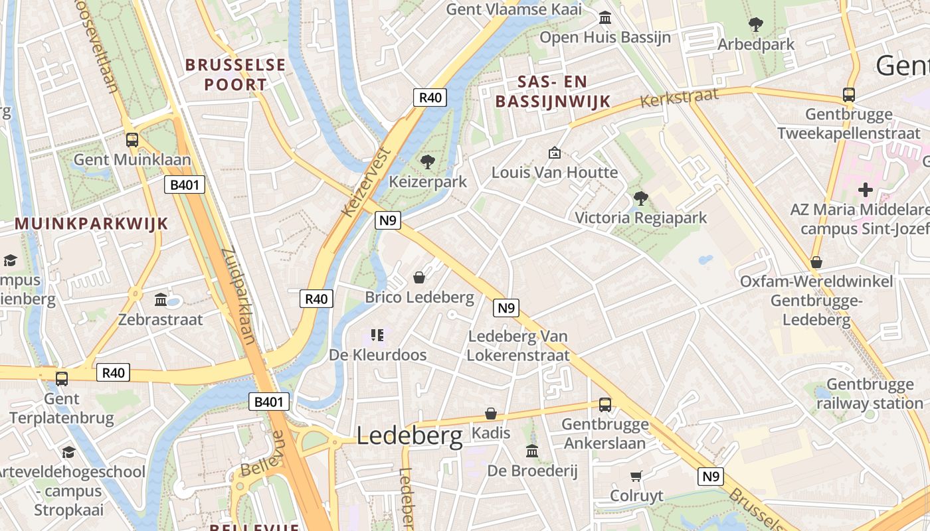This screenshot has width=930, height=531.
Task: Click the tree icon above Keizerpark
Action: pos(428,161)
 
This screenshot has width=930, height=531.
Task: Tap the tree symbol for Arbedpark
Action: pos(755,25)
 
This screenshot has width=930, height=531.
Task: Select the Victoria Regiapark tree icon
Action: pos(640,198)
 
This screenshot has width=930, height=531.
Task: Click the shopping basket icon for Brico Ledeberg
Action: pos(419,277)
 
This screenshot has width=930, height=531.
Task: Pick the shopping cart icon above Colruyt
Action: pos(636,476)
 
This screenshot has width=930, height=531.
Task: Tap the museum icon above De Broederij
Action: pos(532,451)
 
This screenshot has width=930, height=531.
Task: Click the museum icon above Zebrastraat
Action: pos(160,299)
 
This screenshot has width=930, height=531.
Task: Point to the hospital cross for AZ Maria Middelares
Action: pos(865,190)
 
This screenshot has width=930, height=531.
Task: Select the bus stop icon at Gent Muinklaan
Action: pos(132,139)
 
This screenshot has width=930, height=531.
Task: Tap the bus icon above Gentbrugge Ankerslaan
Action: pos(605,404)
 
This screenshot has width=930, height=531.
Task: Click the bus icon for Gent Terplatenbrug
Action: pos(62,378)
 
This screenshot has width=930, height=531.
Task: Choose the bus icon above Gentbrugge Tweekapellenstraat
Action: pos(849,94)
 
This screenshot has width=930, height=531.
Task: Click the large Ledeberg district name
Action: pos(409,435)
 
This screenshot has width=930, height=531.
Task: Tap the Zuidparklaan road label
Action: pos(238,296)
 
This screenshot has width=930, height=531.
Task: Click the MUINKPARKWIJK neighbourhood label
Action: pos(92,223)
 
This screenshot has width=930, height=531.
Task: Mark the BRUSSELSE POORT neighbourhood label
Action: pos(235,74)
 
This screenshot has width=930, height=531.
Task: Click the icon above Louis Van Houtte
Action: pos(555,153)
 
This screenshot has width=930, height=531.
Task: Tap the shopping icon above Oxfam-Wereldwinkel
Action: pos(816,262)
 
